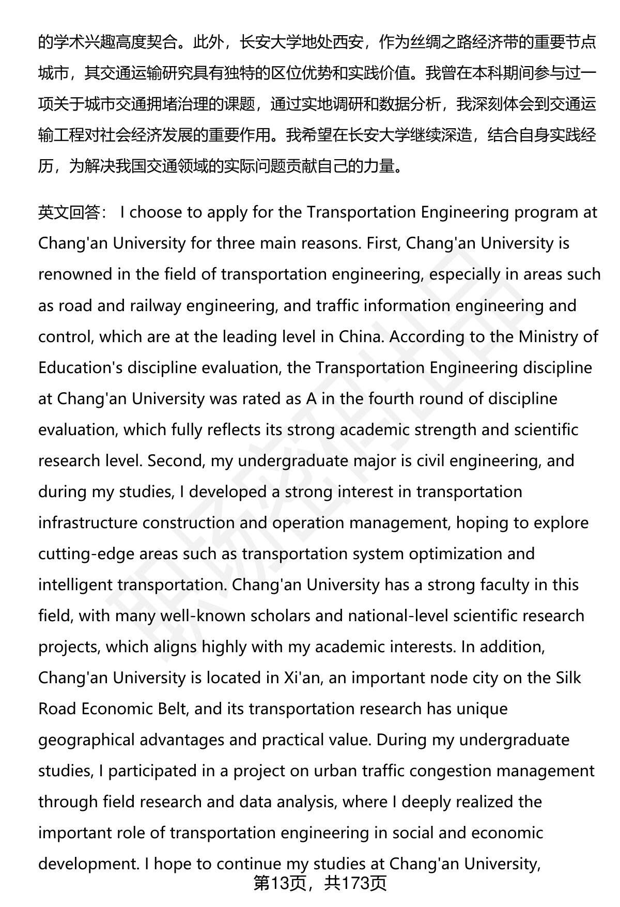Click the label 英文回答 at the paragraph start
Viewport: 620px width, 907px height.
[x=69, y=212]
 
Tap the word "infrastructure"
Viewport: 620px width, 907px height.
[x=88, y=522]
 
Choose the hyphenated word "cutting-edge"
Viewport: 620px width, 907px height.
[x=86, y=554]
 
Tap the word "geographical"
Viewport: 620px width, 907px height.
[x=87, y=740]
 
